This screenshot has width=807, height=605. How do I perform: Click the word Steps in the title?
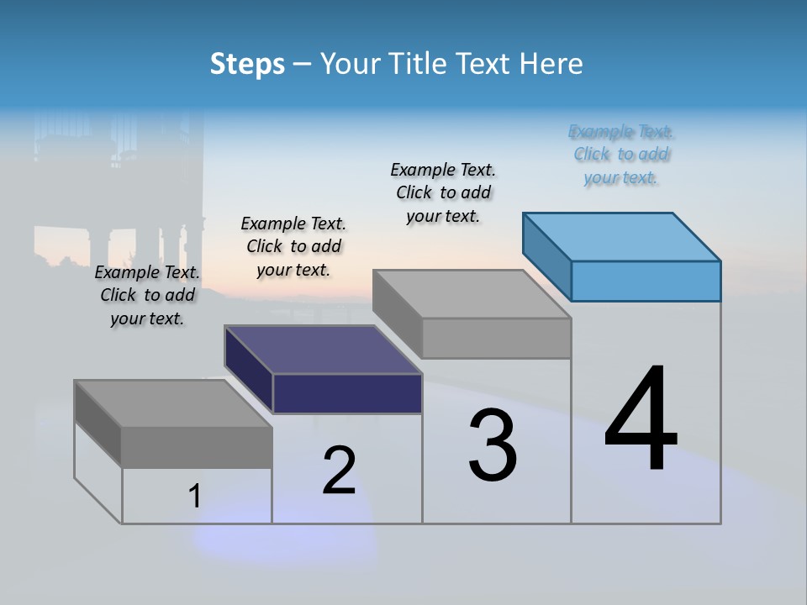(x=247, y=64)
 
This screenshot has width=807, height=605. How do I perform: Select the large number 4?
(x=641, y=419)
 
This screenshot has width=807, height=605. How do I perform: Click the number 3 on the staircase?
(x=493, y=446)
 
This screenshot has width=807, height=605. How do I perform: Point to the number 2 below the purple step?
(x=339, y=471)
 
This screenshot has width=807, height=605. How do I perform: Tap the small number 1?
(x=195, y=497)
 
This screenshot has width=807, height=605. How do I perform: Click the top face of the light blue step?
(x=622, y=236)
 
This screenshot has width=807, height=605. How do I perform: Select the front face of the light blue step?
(x=646, y=281)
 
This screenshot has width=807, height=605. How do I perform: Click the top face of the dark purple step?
(x=323, y=349)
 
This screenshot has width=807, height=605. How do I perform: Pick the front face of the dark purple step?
(x=347, y=393)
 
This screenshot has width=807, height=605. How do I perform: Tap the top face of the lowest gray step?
(x=173, y=403)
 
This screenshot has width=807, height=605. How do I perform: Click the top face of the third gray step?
(x=472, y=294)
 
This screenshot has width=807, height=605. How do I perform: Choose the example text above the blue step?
(x=620, y=155)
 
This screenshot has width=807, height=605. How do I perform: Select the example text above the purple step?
(x=293, y=246)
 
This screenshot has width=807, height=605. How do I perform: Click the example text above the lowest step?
(x=147, y=295)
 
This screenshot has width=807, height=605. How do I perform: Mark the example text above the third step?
(x=443, y=192)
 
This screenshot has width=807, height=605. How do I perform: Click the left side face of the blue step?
(x=547, y=256)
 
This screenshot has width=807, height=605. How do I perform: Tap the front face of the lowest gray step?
(x=197, y=447)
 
